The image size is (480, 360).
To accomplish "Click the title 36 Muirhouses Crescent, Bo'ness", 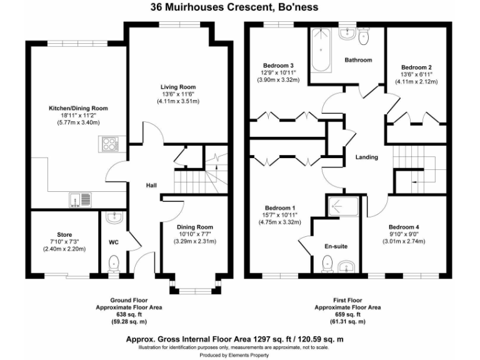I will (239, 8).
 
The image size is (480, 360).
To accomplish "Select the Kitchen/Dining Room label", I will (79, 108).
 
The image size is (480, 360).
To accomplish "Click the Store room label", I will (64, 235).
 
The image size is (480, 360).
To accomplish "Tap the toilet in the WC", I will (113, 263).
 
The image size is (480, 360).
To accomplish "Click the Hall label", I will (151, 186).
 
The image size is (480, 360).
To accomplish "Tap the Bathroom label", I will (359, 60).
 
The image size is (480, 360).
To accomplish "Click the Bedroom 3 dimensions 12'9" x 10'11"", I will (280, 72).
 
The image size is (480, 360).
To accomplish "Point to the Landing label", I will (366, 157).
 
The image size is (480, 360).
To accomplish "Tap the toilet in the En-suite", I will (326, 266).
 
